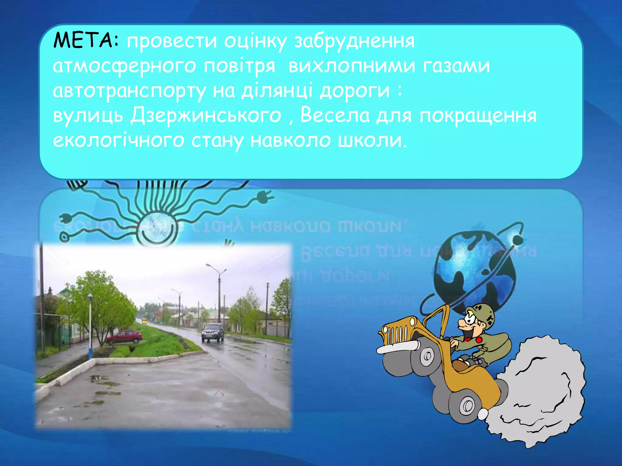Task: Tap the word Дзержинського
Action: point(206,116)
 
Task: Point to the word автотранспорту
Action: point(129,91)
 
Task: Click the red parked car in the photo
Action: point(124,336)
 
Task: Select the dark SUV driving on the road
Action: point(213,333)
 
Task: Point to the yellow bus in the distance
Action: point(145,321)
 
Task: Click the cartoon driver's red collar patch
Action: point(478,340)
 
